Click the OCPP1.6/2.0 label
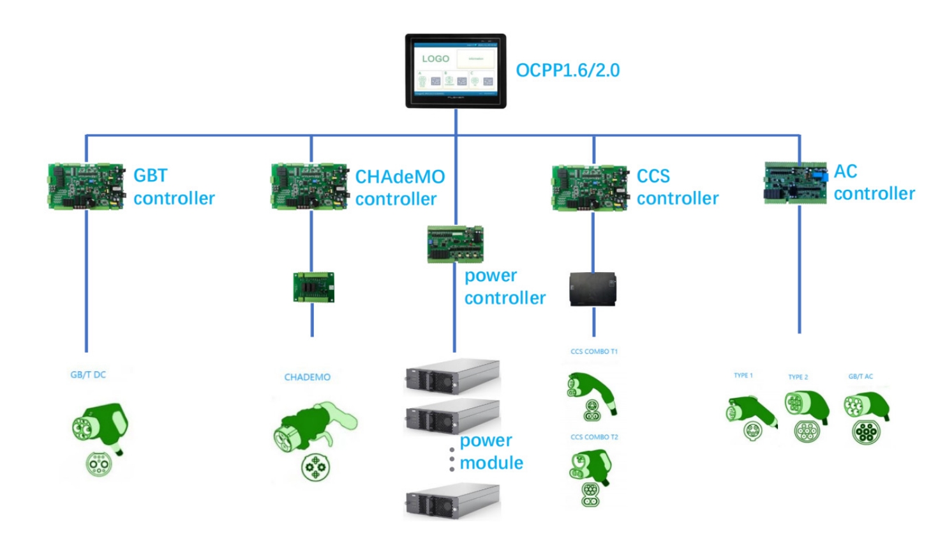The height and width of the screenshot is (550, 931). click(x=567, y=70)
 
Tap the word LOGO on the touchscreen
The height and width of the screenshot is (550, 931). click(x=435, y=59)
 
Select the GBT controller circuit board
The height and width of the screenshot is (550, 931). click(x=87, y=187)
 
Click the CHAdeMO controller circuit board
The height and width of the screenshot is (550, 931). click(x=310, y=187)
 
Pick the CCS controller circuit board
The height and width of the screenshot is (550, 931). click(x=590, y=188)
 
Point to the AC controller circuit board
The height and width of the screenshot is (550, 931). click(x=795, y=183)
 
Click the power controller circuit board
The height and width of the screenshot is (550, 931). click(x=455, y=244)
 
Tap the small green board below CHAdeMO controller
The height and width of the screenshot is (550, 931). click(x=313, y=287)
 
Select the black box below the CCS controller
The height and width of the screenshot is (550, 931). click(x=593, y=289)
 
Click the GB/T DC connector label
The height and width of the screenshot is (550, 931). click(x=88, y=375)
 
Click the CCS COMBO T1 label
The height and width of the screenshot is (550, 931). click(x=593, y=351)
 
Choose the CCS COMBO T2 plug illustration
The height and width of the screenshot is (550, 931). click(x=590, y=477)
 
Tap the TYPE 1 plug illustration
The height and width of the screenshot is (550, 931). click(x=750, y=418)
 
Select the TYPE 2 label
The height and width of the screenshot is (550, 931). click(x=798, y=377)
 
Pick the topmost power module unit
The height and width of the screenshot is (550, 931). click(x=452, y=376)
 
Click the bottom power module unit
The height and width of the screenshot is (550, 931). click(x=452, y=501)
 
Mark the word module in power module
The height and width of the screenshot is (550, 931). click(x=491, y=462)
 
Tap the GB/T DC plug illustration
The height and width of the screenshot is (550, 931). click(x=100, y=438)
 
